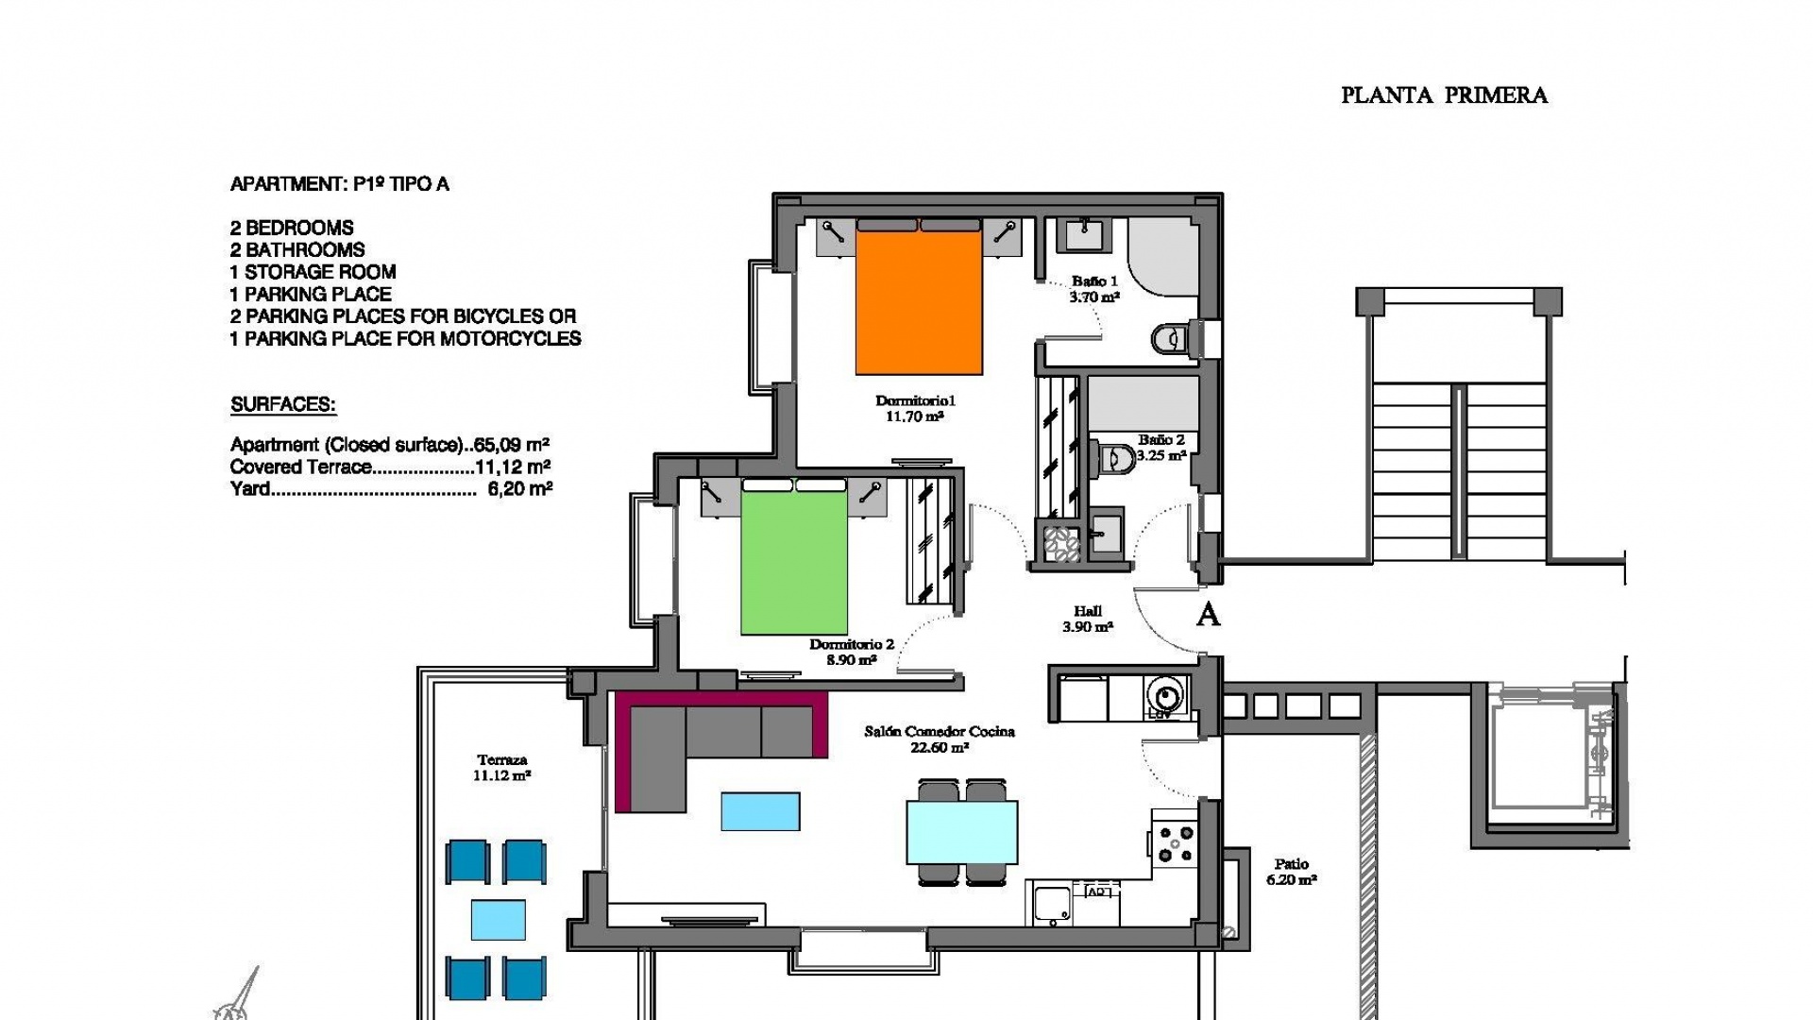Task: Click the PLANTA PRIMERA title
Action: coord(1444,95)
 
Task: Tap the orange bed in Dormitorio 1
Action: coord(919,302)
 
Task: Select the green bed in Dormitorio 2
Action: coord(794,563)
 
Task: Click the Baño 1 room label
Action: coord(1094,288)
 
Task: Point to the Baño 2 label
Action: coord(1161,447)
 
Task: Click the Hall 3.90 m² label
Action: coord(1088,619)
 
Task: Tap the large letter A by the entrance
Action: coord(1208,615)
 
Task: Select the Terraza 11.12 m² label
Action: coord(501,767)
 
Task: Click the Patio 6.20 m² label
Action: coord(1291,871)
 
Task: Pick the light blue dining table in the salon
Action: coord(962,832)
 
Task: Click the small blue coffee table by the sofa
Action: coord(760,811)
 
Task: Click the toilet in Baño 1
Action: coord(1169,338)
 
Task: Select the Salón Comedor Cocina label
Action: coord(940,739)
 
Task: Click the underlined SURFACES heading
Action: coord(283,405)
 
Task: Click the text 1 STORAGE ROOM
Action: coord(313,272)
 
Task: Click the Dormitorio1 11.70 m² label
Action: coord(915,408)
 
